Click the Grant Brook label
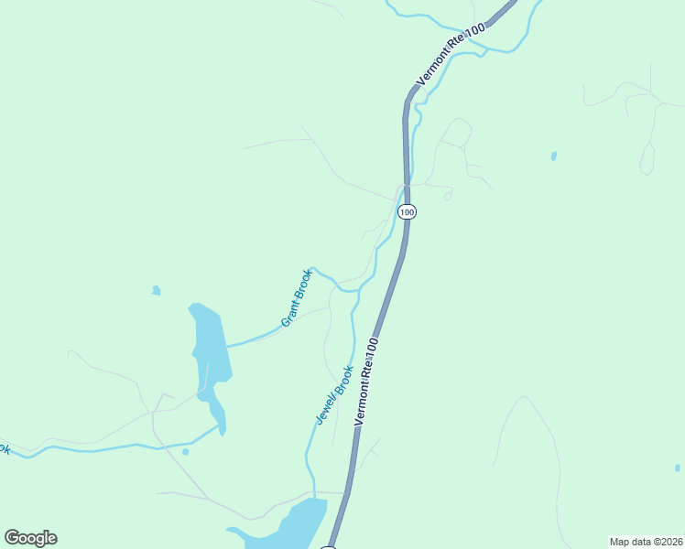297,297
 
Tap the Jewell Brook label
334,394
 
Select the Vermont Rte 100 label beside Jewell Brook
365,381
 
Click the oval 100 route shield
408,211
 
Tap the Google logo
30,538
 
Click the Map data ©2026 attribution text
646,541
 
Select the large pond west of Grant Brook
209,348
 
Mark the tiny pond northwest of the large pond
156,291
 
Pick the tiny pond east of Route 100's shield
554,156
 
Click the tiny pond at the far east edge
677,468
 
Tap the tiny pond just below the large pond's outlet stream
186,451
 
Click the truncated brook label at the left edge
4,449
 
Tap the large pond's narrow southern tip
222,428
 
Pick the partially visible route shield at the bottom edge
329,546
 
